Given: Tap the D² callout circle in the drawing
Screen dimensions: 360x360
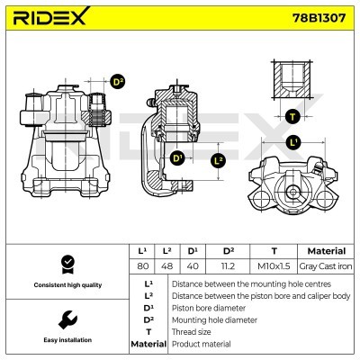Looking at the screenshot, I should (117, 82).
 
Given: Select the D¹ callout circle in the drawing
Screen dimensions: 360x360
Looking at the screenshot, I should (176, 157).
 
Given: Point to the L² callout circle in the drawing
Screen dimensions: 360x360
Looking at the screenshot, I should (217, 161).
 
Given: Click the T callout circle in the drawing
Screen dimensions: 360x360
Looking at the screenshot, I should (292, 116).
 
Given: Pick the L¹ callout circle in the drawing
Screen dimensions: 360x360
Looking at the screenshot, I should (293, 142).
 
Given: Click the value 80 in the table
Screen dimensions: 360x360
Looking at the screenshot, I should (142, 265).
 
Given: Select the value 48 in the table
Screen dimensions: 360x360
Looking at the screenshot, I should (166, 265).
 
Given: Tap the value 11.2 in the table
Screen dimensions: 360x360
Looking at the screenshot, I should (229, 265).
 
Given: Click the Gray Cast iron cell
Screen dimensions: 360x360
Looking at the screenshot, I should (326, 265).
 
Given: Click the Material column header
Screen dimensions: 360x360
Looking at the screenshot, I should (326, 250).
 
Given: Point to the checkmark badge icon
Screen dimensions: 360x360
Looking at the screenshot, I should (66, 264).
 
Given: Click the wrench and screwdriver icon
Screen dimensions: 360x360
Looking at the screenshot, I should (66, 320).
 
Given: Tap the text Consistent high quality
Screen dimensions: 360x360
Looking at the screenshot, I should (66, 284).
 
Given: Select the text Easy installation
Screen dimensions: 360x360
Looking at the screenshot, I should (66, 340).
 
